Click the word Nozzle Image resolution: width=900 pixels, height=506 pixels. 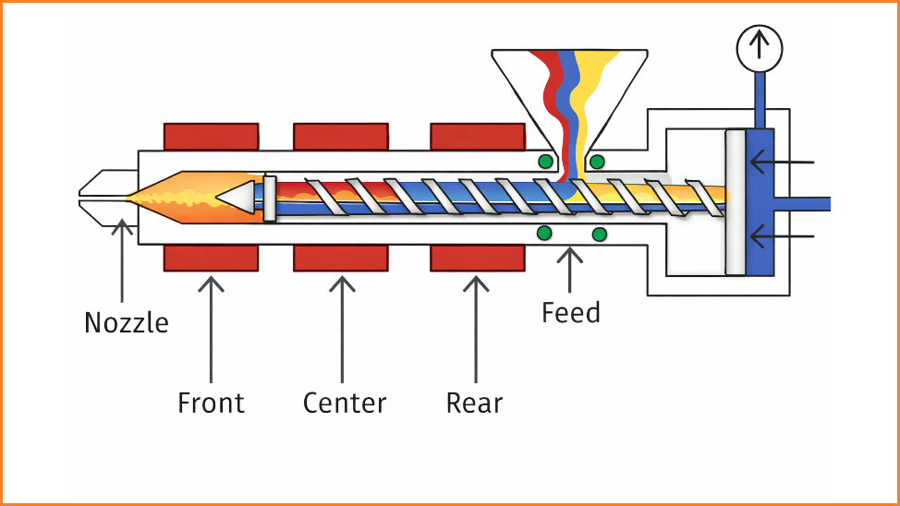point(127,323)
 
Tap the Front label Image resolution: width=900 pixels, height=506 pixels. point(211,403)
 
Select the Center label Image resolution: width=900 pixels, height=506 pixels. point(344,403)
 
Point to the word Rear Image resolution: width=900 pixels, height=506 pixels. point(474,403)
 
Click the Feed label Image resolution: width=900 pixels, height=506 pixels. point(571,313)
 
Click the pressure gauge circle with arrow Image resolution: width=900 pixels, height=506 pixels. point(760,46)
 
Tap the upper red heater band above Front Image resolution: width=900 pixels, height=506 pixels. point(211,136)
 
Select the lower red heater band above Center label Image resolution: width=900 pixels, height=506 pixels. point(341,259)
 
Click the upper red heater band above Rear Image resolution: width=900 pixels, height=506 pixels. point(478,136)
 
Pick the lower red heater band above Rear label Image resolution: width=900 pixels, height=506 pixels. point(478,259)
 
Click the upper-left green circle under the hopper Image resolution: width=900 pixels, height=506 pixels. point(546,163)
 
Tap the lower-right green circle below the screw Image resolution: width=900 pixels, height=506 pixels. point(600,234)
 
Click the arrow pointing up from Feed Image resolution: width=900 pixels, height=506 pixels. point(571,268)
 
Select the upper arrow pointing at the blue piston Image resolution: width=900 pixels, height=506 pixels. point(781,163)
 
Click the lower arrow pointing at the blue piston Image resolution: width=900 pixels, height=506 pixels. point(781,237)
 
